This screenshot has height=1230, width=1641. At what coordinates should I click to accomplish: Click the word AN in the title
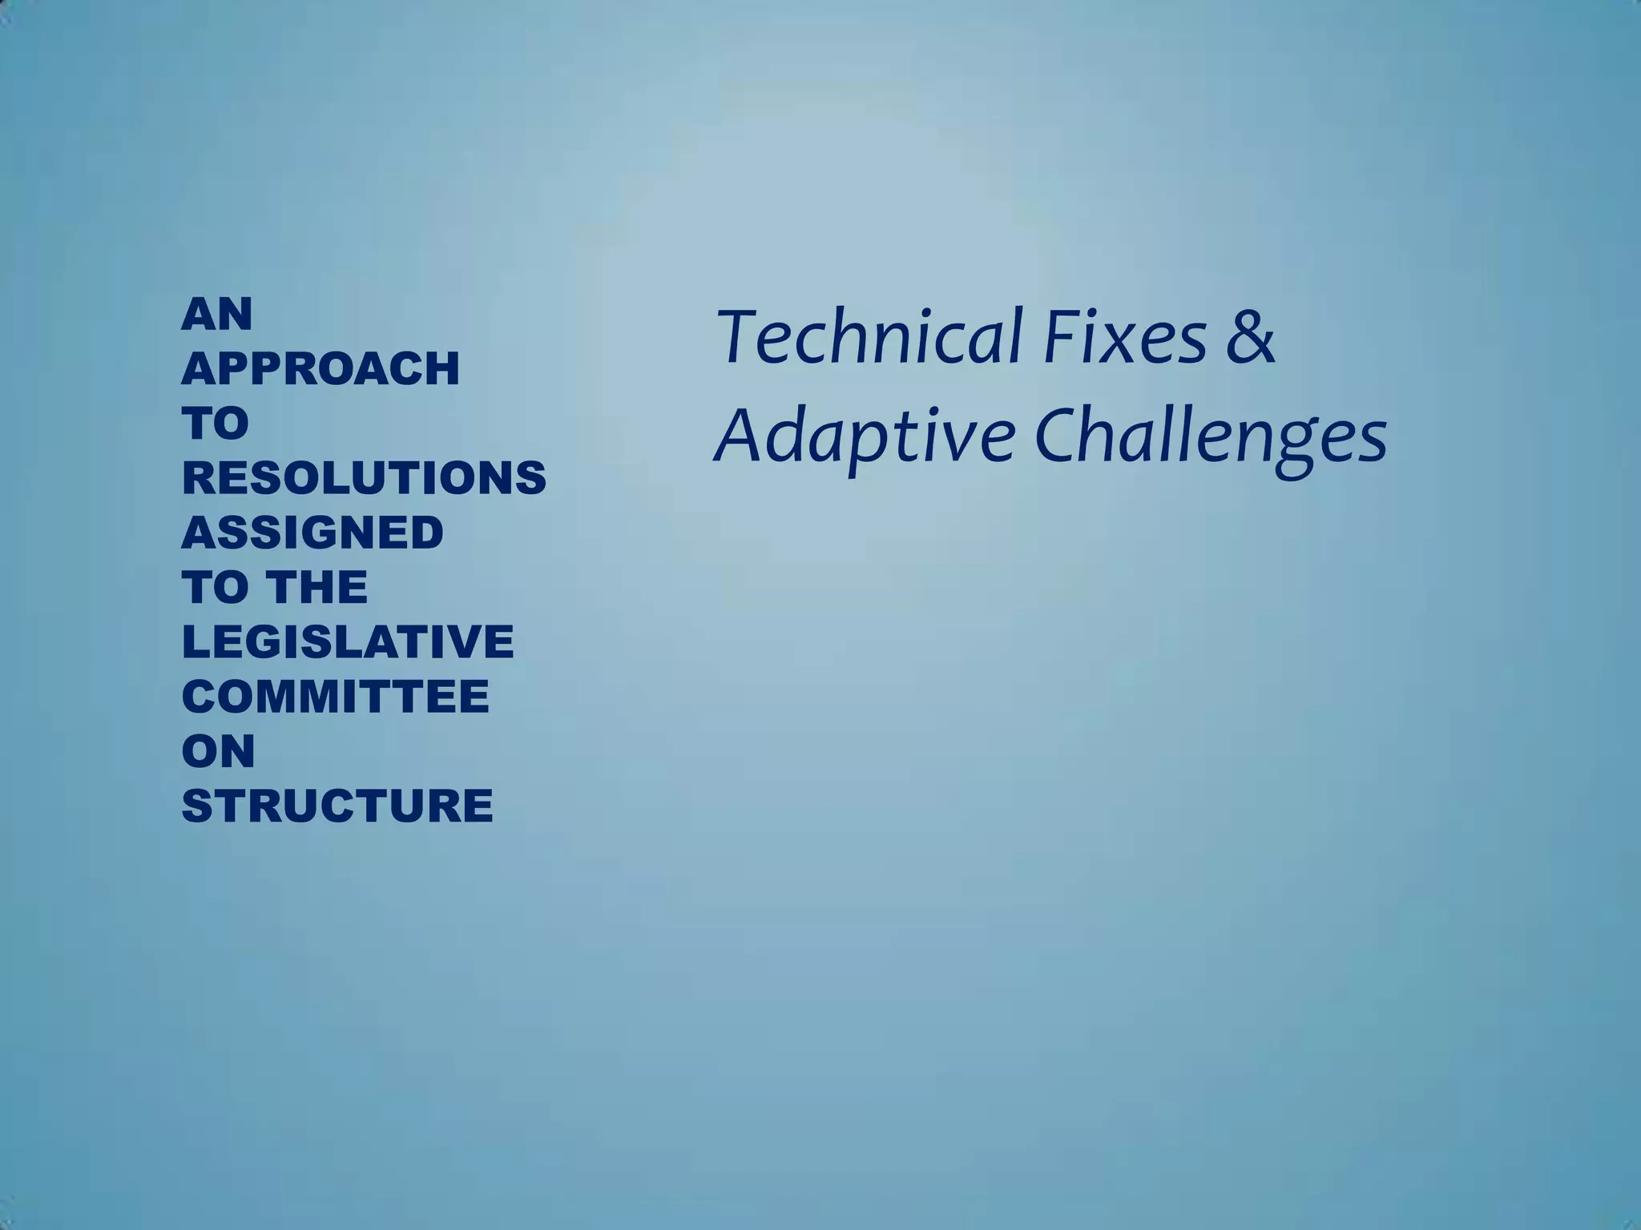(217, 314)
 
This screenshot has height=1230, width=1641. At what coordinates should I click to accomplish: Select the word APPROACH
(321, 368)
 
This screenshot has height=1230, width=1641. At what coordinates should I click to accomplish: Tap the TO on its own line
(216, 423)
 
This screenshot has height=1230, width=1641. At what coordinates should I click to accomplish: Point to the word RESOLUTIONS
(364, 478)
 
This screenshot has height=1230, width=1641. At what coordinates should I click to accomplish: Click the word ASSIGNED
(312, 533)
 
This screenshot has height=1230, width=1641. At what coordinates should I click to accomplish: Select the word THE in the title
(317, 587)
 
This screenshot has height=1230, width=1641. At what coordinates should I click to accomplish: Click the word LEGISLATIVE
(348, 641)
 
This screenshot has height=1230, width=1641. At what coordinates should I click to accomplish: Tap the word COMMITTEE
(335, 696)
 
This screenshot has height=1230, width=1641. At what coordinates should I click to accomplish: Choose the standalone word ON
(219, 750)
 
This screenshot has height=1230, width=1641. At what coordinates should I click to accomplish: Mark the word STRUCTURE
(337, 806)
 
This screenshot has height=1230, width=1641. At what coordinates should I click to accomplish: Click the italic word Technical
(869, 336)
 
